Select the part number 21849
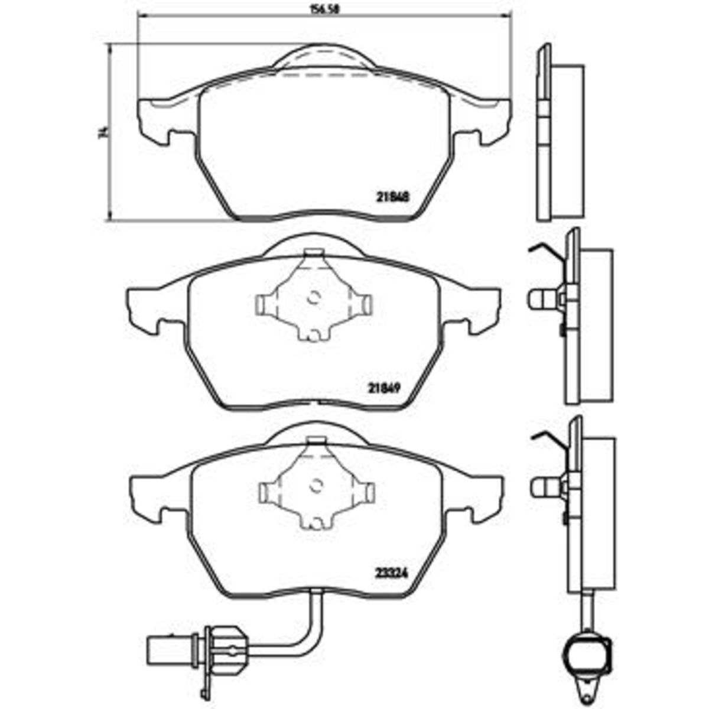coord(385,388)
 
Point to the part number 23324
coord(388,572)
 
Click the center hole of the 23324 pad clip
coord(317,486)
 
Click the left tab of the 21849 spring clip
coord(261,304)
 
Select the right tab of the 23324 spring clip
coord(369,492)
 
